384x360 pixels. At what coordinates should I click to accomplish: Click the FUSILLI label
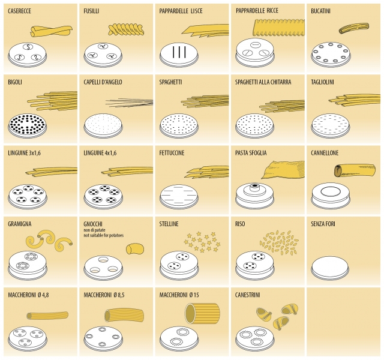pyautogui.click(x=91, y=11)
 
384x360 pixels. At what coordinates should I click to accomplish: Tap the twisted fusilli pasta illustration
pyautogui.click(x=126, y=29)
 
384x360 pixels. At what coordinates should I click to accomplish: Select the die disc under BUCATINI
pyautogui.click(x=331, y=55)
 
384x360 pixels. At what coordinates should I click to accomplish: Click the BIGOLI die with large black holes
pyautogui.click(x=27, y=126)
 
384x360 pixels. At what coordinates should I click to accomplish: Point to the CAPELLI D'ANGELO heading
pyautogui.click(x=103, y=82)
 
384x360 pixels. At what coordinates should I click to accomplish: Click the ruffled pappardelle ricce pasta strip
pyautogui.click(x=278, y=28)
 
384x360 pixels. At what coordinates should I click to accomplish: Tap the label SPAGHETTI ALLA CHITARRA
pyautogui.click(x=263, y=82)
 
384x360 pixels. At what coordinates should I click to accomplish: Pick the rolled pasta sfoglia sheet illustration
pyautogui.click(x=283, y=169)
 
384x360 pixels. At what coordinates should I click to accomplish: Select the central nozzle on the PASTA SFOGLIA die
pyautogui.click(x=254, y=187)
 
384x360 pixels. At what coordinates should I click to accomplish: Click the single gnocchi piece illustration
pyautogui.click(x=135, y=248)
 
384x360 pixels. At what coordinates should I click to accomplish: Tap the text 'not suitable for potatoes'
pyautogui.click(x=104, y=235)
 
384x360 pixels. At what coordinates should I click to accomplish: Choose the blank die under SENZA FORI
pyautogui.click(x=331, y=268)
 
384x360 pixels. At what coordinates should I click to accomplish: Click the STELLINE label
pyautogui.click(x=169, y=224)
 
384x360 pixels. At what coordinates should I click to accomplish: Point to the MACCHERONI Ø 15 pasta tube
pyautogui.click(x=202, y=314)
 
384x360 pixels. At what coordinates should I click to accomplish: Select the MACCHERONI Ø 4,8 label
pyautogui.click(x=28, y=295)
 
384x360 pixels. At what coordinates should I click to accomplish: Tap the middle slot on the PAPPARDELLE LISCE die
pyautogui.click(x=179, y=52)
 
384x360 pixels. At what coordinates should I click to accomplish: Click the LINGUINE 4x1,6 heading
pyautogui.click(x=100, y=153)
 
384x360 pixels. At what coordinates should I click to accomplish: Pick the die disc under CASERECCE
pyautogui.click(x=27, y=55)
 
